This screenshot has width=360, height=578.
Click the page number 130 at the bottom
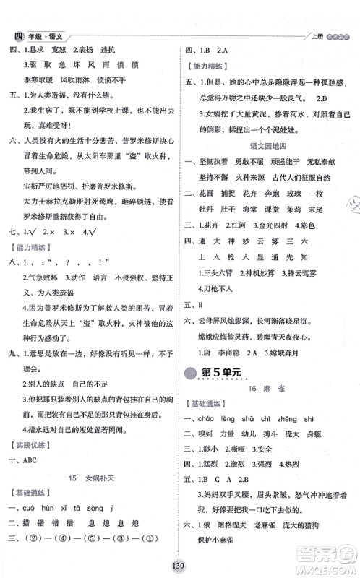coord(179,566)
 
